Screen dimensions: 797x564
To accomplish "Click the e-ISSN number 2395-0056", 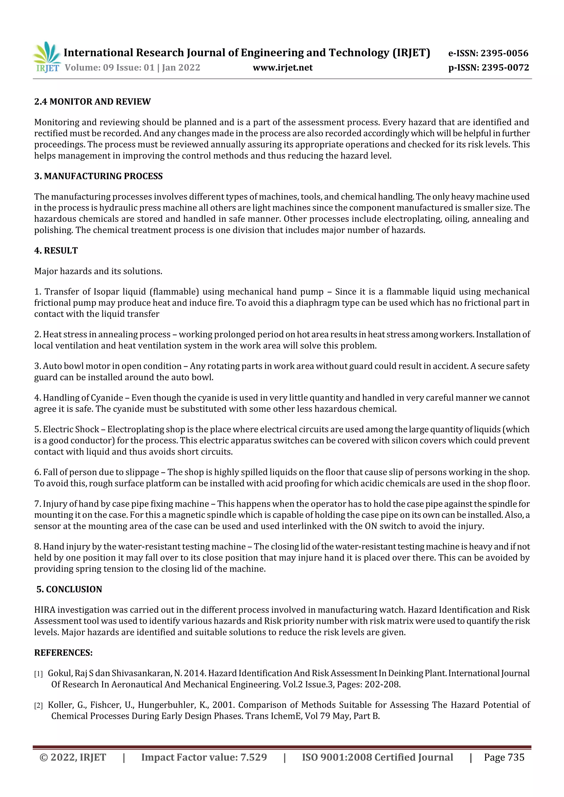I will pos(504,53).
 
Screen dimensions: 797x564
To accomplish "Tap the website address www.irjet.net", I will pos(283,68).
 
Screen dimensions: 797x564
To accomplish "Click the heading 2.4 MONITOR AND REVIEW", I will pos(93,102).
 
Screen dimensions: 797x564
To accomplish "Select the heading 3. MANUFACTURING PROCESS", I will pos(98,176).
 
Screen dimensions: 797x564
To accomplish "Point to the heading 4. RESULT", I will pos(56,251).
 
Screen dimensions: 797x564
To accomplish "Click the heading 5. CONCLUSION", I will pos(69,589).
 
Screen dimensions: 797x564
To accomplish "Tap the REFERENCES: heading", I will pos(63,653).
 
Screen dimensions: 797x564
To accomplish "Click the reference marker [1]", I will pos(38,674).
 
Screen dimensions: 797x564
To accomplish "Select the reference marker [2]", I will pos(38,706).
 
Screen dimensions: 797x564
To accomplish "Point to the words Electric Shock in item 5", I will pos(71,429).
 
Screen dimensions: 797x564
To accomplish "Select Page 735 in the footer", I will pos(504,757).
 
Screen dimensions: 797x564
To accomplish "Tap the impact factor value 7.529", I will pos(253,757).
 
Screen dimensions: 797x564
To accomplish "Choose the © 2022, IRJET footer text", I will pos(73,757).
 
